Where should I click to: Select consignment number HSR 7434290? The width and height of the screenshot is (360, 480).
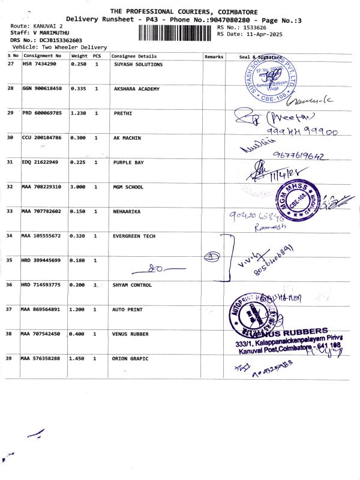40,64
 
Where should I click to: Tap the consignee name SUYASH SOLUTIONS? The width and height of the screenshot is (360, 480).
138,64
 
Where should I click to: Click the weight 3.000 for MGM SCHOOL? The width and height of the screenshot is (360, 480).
79,187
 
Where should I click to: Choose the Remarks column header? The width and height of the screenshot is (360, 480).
214,56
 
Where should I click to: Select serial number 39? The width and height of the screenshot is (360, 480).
10,358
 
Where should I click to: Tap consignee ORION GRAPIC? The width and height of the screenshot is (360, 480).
130,358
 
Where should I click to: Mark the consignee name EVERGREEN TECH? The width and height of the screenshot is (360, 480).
134,236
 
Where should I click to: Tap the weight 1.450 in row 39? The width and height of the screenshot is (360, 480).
79,358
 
